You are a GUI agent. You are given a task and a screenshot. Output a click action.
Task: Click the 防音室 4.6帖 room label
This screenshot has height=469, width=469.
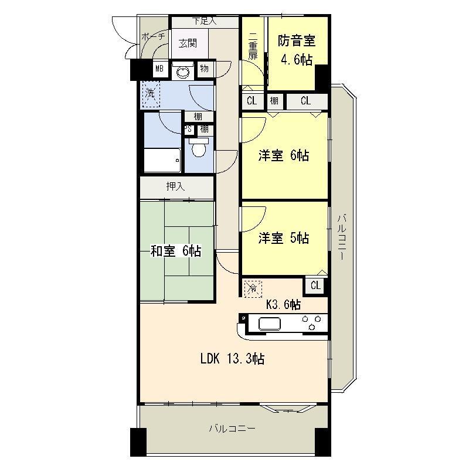click(x=297, y=50)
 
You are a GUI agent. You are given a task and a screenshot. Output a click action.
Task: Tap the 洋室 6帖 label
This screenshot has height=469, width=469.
click(x=284, y=156)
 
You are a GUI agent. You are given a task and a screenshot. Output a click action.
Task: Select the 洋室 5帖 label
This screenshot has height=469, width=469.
click(x=284, y=238)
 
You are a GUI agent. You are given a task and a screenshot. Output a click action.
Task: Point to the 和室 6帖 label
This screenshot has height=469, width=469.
click(x=176, y=251)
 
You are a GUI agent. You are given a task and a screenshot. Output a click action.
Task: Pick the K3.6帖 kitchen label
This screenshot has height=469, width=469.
click(x=284, y=304)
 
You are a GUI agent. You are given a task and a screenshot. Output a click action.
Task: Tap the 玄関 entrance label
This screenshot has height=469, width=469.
click(x=188, y=43)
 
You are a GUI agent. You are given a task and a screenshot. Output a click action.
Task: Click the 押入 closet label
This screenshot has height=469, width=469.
click(x=175, y=187)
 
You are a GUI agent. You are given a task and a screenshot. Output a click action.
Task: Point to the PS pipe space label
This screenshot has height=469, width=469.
click(x=188, y=130)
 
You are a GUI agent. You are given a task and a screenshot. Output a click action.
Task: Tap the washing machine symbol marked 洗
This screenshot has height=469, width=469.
click(x=151, y=93)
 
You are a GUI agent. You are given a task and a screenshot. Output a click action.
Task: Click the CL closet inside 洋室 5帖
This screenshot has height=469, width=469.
click(x=315, y=286)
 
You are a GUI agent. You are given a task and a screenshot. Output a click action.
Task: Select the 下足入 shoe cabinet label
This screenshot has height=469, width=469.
click(x=205, y=22)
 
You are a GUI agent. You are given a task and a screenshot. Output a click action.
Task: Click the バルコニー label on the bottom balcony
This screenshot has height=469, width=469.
click(x=233, y=429)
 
